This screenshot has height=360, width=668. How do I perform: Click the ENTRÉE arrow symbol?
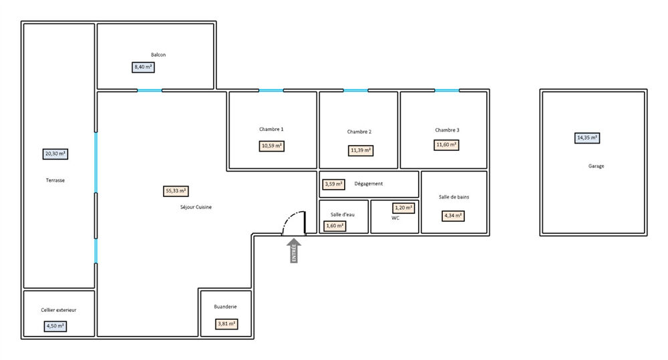pos(294,250)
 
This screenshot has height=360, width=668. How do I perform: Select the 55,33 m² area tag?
pos(176,191)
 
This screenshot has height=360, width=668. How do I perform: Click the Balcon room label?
pos(158,55)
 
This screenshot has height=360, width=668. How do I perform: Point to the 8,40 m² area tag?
pos(143,67)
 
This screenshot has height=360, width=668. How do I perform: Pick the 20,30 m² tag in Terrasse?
pos(55,154)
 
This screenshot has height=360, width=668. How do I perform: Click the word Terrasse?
pos(55,180)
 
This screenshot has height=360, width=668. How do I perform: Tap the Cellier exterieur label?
pos(59,310)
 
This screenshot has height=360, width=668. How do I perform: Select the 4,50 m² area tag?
pos(55,327)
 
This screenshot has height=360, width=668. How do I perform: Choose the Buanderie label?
pos(225,307)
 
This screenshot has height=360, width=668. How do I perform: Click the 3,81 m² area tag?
pos(226,324)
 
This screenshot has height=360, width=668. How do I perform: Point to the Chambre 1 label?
pos(271,129)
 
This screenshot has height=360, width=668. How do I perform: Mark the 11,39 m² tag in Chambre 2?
pos(361,150)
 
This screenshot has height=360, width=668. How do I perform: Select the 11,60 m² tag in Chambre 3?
pos(446,146)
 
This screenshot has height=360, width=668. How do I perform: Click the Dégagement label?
pos(369,184)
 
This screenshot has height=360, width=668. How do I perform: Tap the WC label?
pos(395,218)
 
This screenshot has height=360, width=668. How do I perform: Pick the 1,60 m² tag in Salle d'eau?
pos(335,226)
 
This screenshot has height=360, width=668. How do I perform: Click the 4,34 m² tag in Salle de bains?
pos(453,216)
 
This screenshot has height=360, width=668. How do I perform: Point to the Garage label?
pos(596,166)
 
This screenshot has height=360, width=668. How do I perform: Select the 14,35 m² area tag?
pos(587,138)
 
